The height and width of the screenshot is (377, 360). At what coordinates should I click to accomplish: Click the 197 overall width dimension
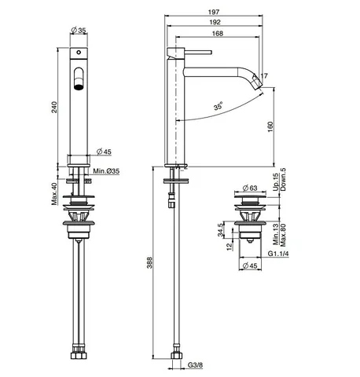[x=214, y=12]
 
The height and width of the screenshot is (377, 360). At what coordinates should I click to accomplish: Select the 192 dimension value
[x=215, y=22]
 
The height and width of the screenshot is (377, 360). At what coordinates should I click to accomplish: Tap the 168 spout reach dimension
[x=218, y=33]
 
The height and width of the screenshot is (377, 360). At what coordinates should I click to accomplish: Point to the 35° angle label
[x=218, y=106]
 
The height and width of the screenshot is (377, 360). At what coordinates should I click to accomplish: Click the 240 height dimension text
[x=54, y=107]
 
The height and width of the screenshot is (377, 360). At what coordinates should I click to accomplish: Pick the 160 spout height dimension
[x=270, y=126]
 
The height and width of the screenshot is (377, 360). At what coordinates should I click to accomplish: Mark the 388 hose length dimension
[x=149, y=262]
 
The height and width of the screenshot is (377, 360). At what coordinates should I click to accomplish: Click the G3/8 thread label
[x=195, y=364]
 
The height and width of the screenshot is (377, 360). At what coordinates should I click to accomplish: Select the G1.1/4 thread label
[x=278, y=254]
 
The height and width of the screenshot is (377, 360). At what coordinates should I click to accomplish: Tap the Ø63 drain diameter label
[x=250, y=188]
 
